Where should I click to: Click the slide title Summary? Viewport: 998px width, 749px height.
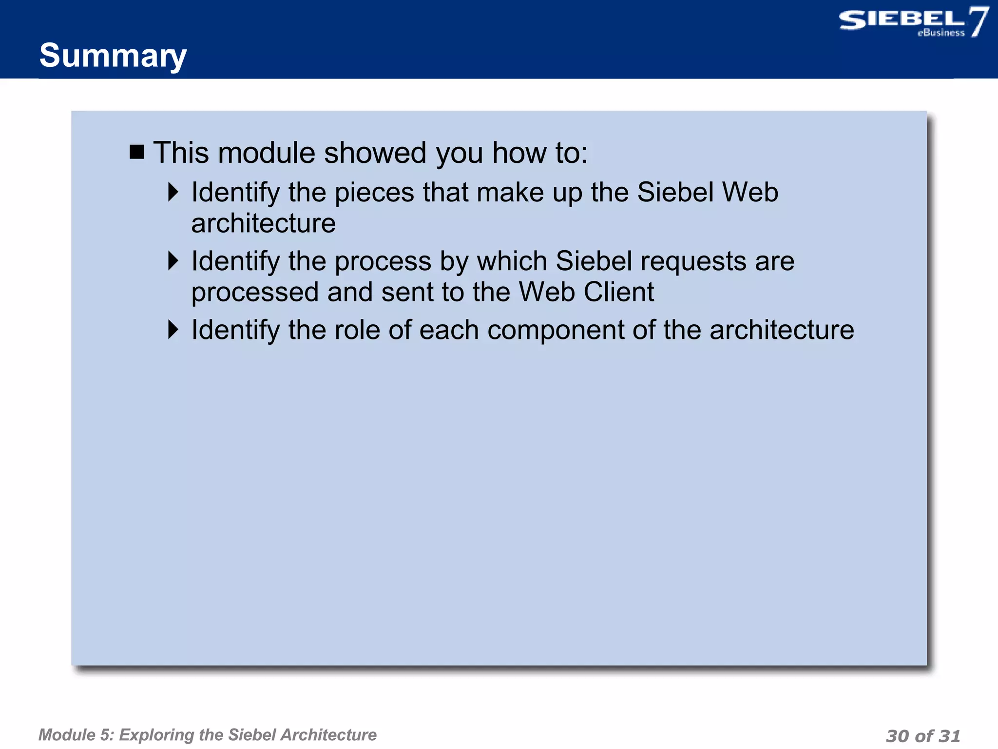[x=113, y=56]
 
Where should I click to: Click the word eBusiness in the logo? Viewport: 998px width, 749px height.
[x=941, y=33]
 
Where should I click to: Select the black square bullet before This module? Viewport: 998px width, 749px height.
[x=137, y=152]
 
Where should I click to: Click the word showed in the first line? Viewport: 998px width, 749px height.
[x=375, y=153]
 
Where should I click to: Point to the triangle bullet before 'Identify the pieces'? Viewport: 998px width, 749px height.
[x=173, y=192]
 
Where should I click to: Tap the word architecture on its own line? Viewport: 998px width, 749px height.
[x=263, y=223]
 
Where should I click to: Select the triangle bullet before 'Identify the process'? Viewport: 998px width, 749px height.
[x=173, y=261]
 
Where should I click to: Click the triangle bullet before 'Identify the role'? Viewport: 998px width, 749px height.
[x=173, y=330]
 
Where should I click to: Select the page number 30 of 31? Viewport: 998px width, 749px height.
[x=922, y=736]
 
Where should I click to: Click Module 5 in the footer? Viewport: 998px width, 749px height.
[x=76, y=735]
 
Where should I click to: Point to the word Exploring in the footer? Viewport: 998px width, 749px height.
[x=156, y=735]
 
